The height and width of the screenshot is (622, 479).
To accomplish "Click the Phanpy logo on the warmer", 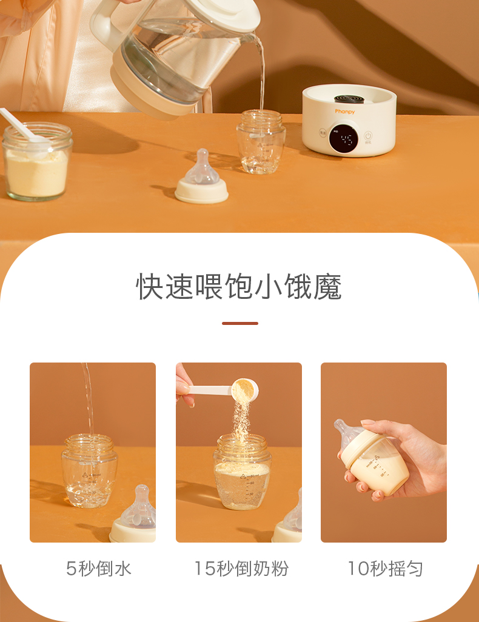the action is [344, 112].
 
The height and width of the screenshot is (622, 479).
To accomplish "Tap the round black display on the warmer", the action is [343, 139].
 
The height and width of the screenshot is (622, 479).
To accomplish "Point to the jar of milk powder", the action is [37, 161].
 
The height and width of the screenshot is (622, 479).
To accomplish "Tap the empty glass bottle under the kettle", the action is [261, 142].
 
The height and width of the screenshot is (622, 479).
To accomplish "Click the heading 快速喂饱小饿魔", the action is [239, 286].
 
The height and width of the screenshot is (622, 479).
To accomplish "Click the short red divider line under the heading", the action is [239, 323].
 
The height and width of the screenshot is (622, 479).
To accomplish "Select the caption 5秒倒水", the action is [98, 569].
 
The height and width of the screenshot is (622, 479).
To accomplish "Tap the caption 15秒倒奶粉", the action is [241, 569].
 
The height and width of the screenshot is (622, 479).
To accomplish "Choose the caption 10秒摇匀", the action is [385, 569].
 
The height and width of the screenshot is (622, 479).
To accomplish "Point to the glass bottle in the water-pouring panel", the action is [90, 471].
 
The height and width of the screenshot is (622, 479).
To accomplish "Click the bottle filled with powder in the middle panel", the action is [243, 472].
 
